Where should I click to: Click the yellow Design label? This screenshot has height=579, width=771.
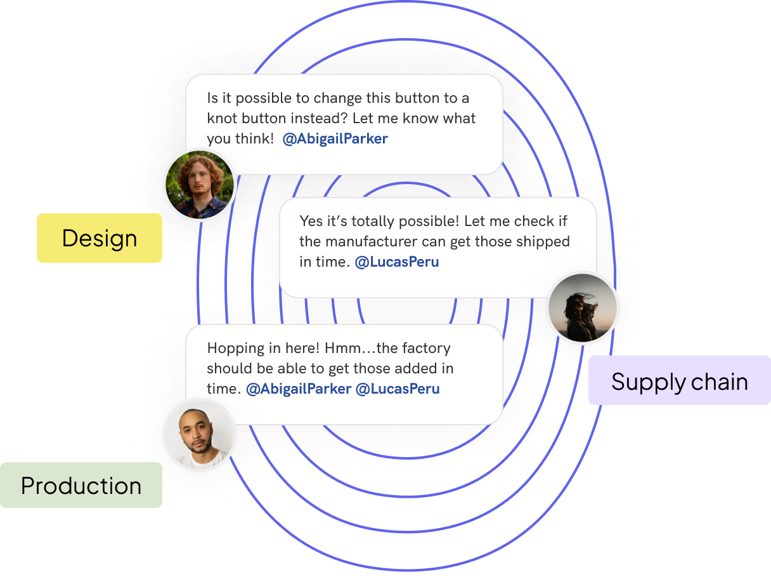pyautogui.click(x=100, y=238)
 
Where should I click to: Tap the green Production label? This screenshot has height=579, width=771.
pyautogui.click(x=81, y=486)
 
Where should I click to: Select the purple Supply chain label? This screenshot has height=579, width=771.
pyautogui.click(x=679, y=382)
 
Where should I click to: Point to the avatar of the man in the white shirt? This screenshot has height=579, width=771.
pyautogui.click(x=200, y=435)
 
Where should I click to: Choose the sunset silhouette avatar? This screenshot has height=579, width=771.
pyautogui.click(x=582, y=309)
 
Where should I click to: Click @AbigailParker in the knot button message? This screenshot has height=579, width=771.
pyautogui.click(x=335, y=138)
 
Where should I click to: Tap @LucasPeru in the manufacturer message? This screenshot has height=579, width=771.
pyautogui.click(x=396, y=262)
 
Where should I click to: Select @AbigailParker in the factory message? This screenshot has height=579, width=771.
pyautogui.click(x=298, y=389)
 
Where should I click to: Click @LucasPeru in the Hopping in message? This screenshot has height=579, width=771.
pyautogui.click(x=398, y=389)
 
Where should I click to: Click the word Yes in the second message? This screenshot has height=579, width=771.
pyautogui.click(x=311, y=221)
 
